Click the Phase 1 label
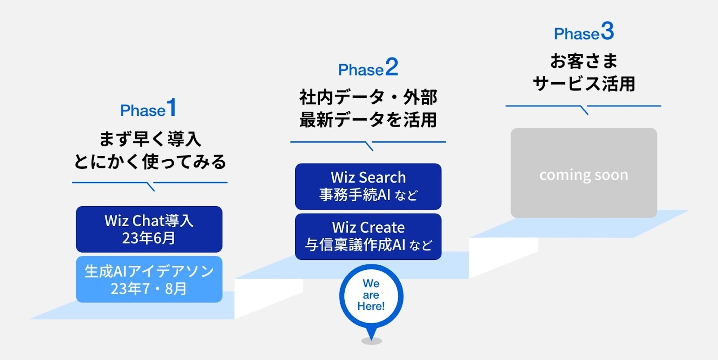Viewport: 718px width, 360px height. point(149,108)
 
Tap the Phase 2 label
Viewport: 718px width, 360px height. point(368,67)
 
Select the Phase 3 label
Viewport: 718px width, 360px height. point(584,31)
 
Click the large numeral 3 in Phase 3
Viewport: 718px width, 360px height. point(608,31)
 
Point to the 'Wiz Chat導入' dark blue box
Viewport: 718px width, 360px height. point(149,229)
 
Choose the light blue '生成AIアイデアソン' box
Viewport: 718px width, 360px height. point(149,279)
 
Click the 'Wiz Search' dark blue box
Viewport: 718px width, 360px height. point(368,187)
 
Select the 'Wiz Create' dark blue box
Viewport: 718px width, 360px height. point(368,237)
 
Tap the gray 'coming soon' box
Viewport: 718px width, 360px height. point(584,173)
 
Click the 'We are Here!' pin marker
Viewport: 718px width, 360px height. point(371,297)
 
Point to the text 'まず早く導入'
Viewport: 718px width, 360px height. point(150,139)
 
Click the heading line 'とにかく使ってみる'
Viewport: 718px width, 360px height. point(150,161)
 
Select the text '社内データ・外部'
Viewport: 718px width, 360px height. point(368,97)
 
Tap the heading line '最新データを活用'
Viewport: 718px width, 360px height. point(368,119)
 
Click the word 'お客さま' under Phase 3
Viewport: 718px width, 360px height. point(584,61)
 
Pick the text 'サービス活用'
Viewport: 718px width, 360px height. point(584,83)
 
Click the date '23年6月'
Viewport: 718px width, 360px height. point(149,238)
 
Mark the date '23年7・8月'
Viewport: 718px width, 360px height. point(149,288)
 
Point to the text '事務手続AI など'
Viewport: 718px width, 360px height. point(368,194)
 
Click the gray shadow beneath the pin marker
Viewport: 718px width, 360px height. point(372,341)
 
